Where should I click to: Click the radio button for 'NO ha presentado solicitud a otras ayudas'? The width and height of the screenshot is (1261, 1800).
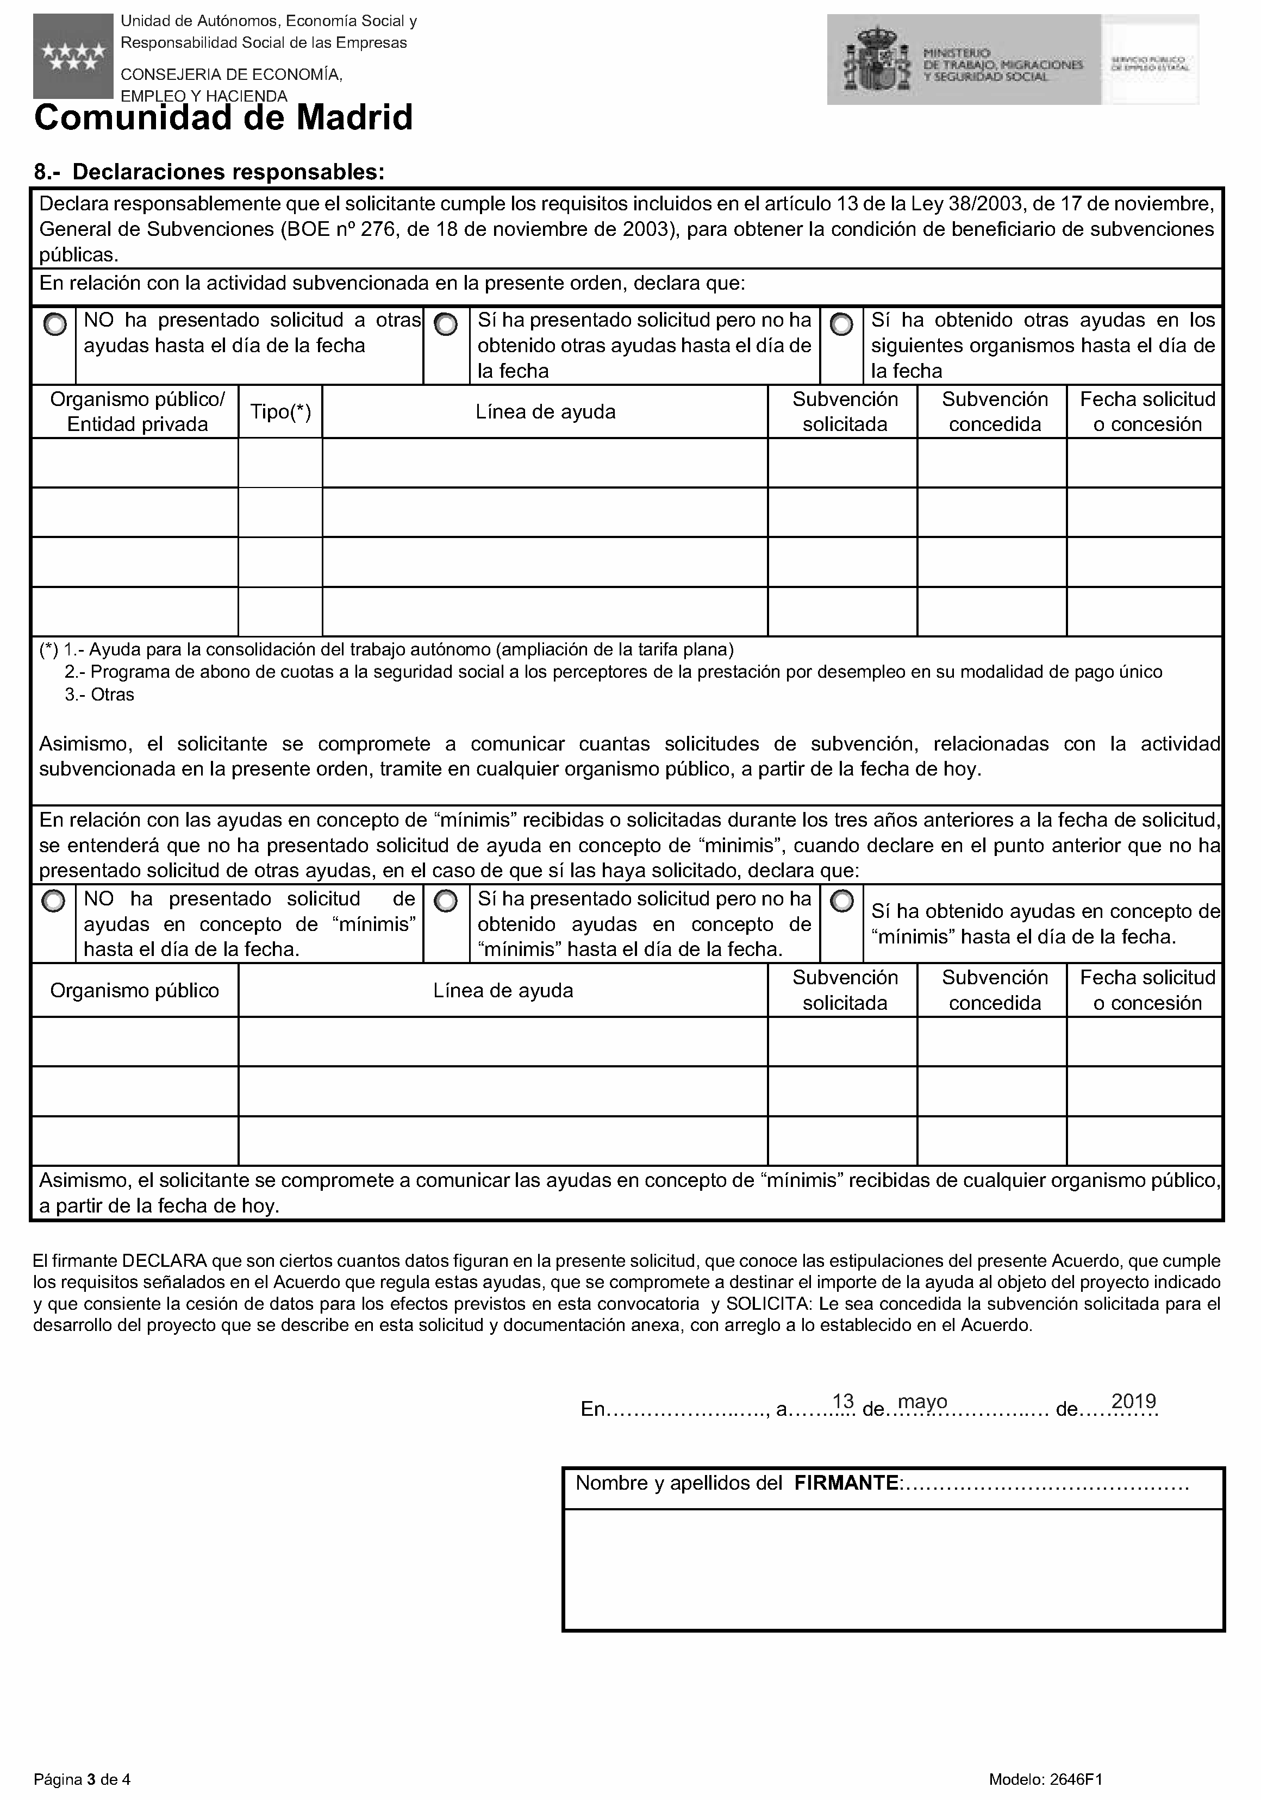pos(55,324)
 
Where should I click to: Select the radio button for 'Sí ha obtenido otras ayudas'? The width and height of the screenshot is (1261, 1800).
pos(841,324)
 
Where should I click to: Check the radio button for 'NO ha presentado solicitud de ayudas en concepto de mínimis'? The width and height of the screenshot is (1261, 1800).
pos(53,902)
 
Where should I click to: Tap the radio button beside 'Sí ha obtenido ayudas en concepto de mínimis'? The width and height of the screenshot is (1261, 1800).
pos(841,902)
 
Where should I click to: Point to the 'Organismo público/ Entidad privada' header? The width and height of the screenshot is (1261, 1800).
pos(137,411)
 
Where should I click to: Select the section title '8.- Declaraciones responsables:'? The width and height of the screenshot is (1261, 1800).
pos(209,172)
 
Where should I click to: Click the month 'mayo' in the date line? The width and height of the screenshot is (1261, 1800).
pos(922,1402)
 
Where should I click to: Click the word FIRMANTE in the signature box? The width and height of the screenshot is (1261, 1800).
pos(846,1483)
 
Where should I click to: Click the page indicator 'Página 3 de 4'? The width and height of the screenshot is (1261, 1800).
pos(82,1779)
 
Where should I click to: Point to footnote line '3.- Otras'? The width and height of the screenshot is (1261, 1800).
pos(99,695)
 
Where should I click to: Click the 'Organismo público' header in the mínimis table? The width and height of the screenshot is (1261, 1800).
pos(135,991)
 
